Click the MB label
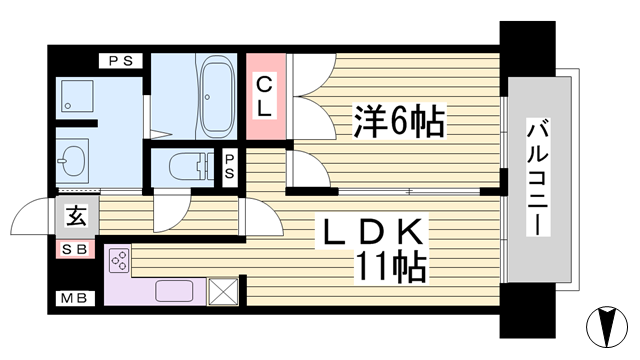tap(73, 298)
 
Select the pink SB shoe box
tap(75, 248)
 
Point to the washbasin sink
tap(73, 160)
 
